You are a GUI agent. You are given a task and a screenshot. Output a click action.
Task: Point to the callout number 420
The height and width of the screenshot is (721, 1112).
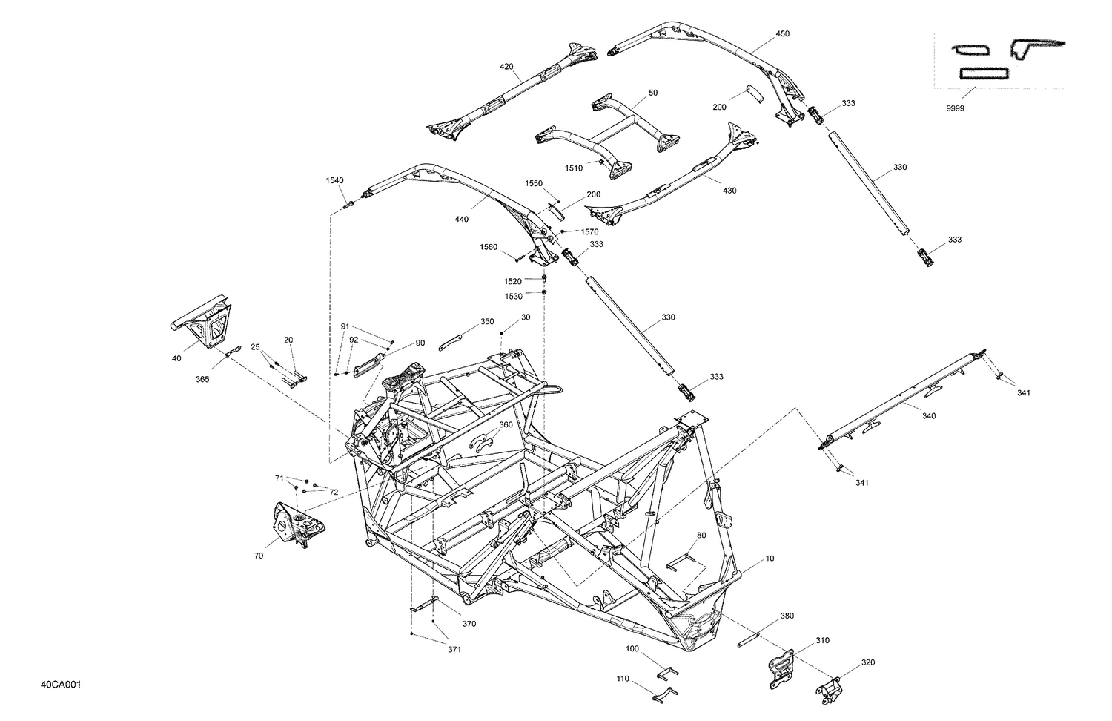(506, 67)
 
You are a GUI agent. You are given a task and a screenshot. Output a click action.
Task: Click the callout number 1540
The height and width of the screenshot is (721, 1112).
(334, 180)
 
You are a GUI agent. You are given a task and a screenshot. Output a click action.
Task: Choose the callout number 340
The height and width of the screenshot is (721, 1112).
(928, 415)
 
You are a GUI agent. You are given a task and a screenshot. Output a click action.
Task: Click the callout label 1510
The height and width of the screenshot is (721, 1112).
(573, 168)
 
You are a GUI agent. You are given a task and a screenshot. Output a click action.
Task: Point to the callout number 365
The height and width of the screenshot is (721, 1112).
(202, 379)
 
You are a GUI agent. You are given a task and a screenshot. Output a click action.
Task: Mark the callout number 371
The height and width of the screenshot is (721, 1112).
(454, 650)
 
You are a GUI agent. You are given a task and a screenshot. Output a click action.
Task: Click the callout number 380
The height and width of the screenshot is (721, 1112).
(787, 616)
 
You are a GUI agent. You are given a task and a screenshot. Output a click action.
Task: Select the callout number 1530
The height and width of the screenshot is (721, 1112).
(514, 296)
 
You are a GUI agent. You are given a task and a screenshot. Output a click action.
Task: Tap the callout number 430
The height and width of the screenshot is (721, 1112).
(729, 191)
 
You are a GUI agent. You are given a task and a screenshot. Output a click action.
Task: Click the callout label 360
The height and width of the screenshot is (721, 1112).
(505, 425)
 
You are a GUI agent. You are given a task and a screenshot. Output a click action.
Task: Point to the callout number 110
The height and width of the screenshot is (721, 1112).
(622, 678)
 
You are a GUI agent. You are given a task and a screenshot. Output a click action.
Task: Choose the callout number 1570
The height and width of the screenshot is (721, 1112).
(589, 232)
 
